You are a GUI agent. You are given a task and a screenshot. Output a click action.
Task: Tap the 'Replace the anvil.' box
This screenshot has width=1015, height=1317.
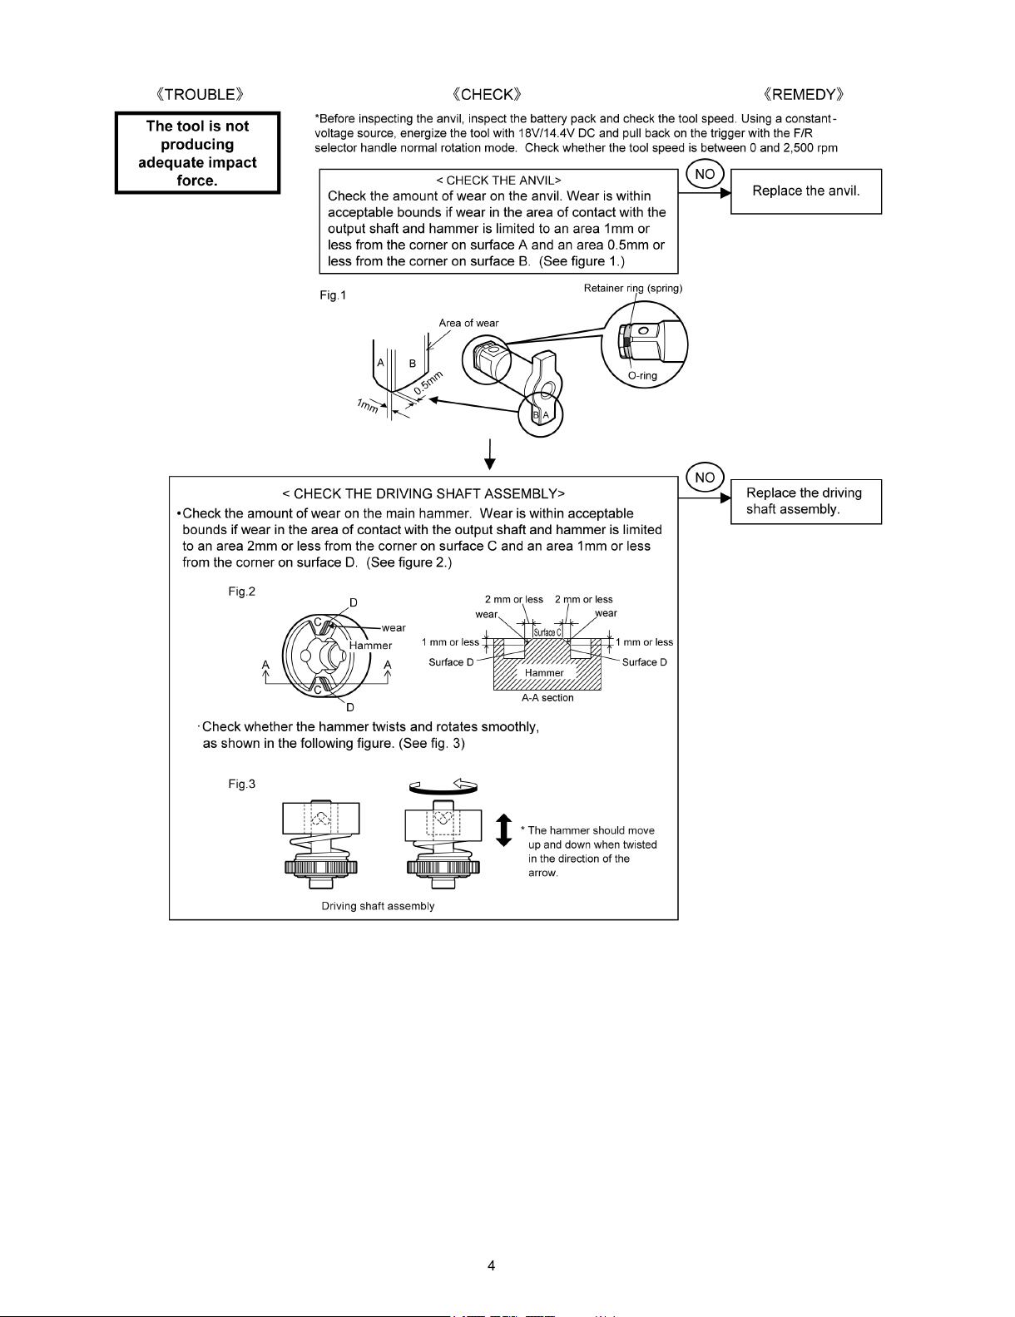(x=805, y=191)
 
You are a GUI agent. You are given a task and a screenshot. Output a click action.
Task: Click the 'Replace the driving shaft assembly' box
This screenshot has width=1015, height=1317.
(x=805, y=501)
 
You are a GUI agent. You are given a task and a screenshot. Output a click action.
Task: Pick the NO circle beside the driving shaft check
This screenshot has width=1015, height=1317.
(x=705, y=478)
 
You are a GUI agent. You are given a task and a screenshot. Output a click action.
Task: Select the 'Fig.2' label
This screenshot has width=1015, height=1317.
(x=242, y=592)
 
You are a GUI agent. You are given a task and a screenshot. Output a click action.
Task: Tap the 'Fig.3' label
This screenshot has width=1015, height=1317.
(x=242, y=785)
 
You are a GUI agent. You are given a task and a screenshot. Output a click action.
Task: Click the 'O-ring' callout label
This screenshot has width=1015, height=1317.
(x=642, y=375)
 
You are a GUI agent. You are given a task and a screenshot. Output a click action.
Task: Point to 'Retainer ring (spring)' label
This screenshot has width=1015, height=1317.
(x=633, y=289)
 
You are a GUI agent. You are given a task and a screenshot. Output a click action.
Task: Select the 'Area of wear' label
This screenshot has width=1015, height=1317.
(x=468, y=323)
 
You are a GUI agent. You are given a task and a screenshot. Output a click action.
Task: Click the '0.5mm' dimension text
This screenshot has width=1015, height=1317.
(x=428, y=382)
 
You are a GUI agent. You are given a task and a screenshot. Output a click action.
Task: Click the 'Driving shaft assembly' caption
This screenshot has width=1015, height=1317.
(x=378, y=906)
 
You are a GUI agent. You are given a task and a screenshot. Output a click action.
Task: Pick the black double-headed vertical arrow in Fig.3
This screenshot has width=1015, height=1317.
(x=503, y=829)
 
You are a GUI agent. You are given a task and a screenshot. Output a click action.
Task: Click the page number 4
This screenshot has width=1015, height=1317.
(x=492, y=1266)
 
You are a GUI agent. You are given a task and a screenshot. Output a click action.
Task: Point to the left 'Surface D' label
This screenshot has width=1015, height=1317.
(x=451, y=662)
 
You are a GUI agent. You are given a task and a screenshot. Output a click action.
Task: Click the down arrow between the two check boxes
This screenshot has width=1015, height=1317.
(x=491, y=453)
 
